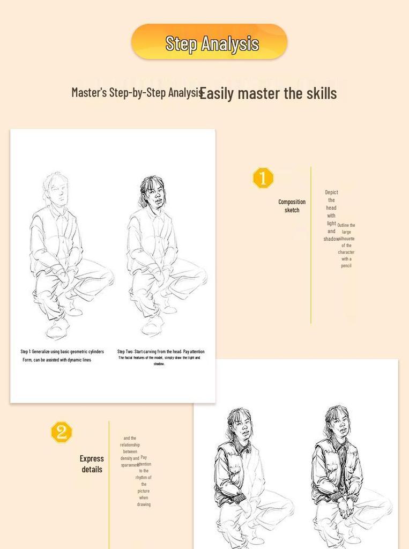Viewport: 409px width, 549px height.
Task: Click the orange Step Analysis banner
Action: [209, 42]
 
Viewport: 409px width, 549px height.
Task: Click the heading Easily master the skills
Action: [268, 93]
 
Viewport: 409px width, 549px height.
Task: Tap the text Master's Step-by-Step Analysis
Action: [137, 92]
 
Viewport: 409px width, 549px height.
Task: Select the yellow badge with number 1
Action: [263, 178]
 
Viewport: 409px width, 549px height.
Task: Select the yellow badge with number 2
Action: [61, 432]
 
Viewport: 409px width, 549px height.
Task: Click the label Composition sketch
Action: [292, 206]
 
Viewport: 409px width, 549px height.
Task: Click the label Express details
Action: [92, 464]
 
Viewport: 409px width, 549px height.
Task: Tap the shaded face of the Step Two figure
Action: [154, 194]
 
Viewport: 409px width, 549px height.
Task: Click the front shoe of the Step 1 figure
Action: [57, 328]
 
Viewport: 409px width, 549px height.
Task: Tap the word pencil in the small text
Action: [346, 265]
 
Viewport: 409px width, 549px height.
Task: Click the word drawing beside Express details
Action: [144, 504]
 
